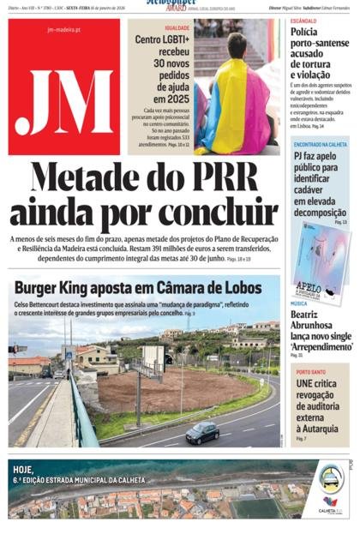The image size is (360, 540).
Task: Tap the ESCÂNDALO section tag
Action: coord(303,20)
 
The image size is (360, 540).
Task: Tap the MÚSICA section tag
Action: coord(298,303)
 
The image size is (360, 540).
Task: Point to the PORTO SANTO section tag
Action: coord(311,371)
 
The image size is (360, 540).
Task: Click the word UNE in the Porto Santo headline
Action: coord(305,383)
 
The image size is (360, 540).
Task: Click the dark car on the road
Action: coord(201,434)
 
